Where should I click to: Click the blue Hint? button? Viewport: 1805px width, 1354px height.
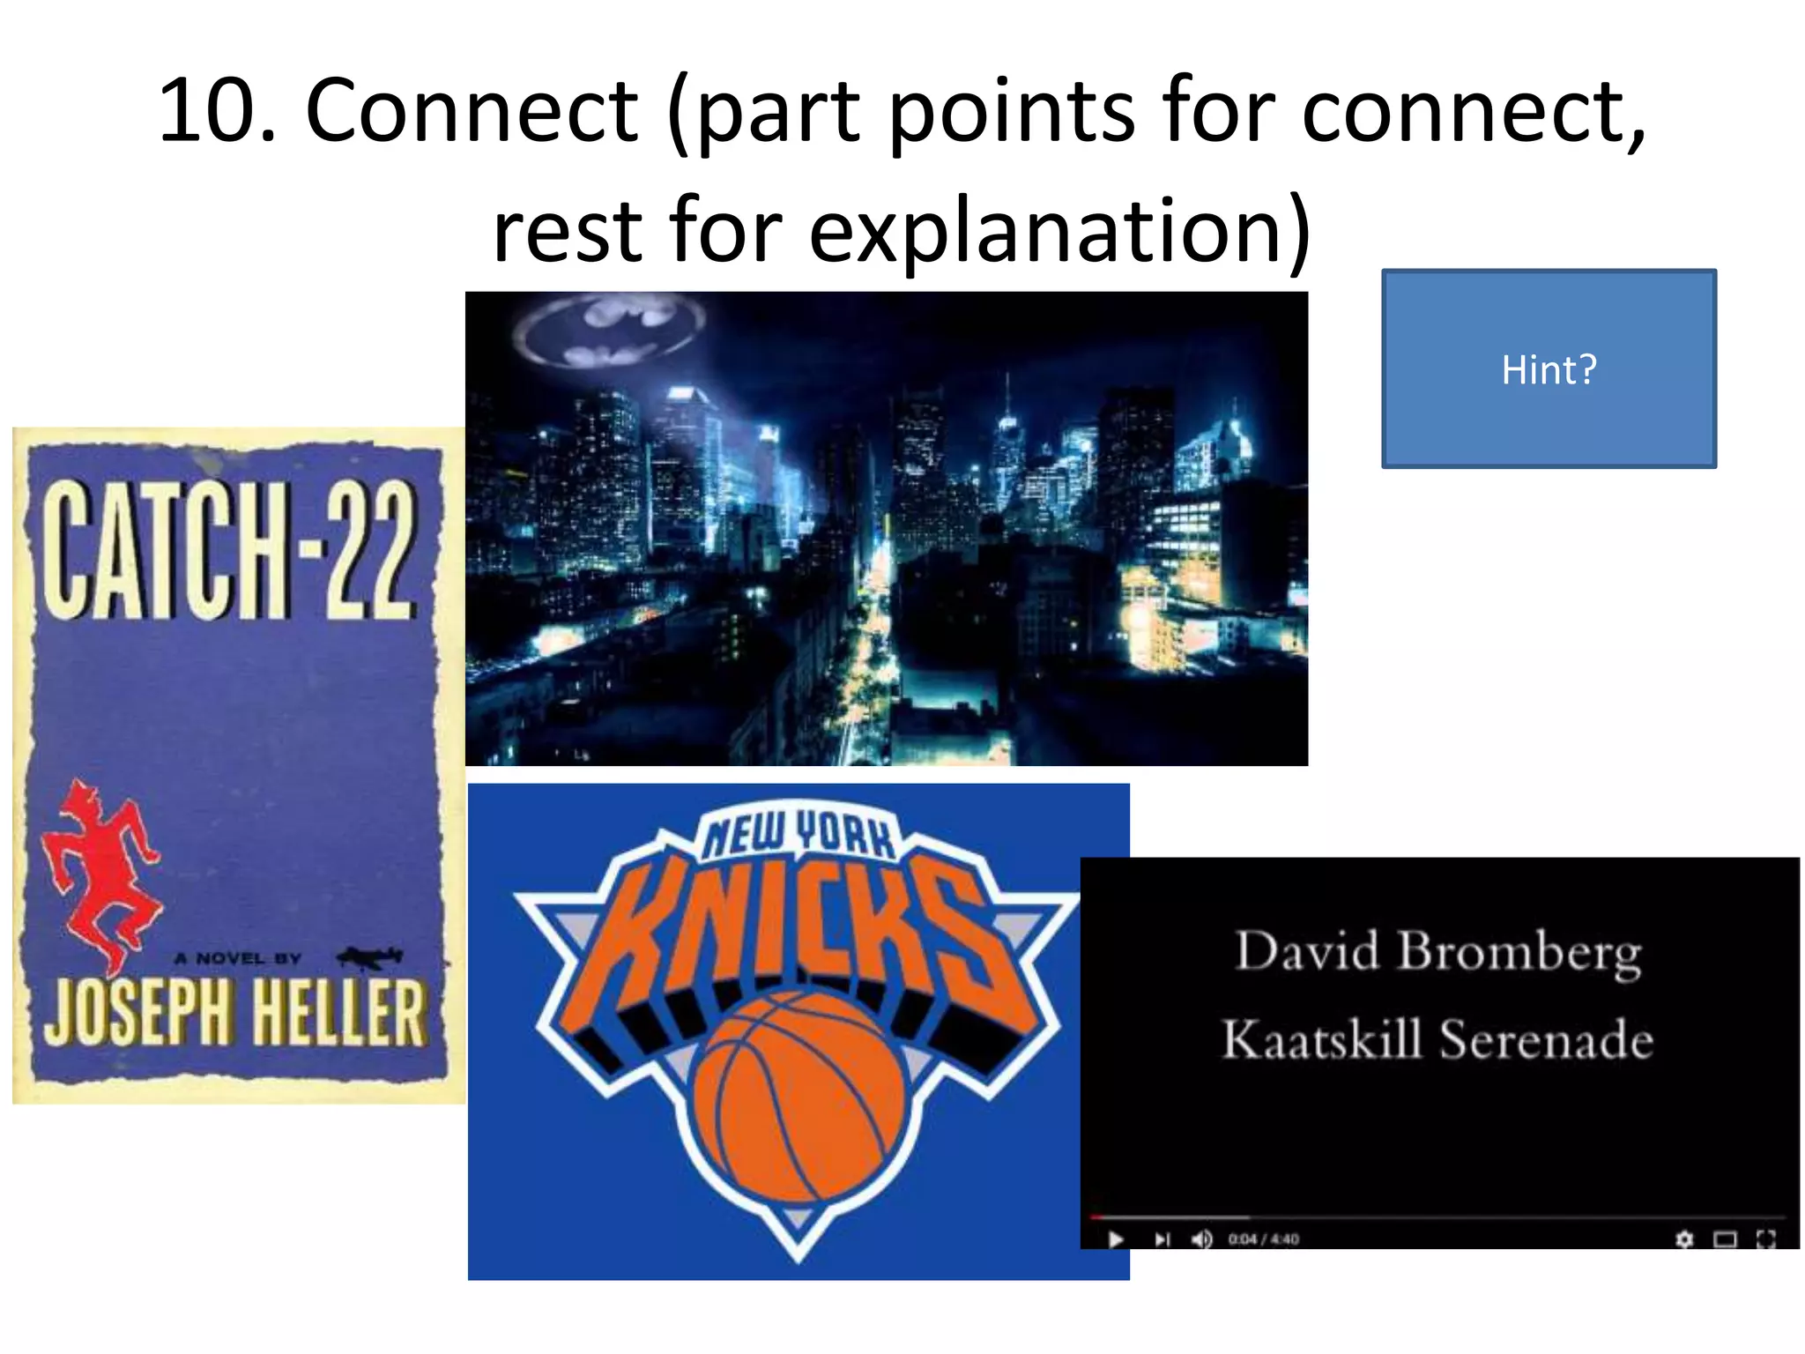click(1549, 368)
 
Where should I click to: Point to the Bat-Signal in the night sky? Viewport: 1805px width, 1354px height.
click(611, 330)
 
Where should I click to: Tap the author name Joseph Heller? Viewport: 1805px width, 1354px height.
click(235, 1012)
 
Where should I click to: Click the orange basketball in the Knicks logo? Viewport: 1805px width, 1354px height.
click(799, 1097)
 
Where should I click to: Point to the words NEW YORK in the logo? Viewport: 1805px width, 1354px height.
click(798, 834)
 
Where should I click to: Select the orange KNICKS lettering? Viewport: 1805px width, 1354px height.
click(798, 934)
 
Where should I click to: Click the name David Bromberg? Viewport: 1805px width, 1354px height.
click(1438, 952)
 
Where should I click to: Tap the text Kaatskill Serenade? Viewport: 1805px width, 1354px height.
click(1437, 1040)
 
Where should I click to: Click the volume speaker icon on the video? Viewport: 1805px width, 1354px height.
click(1201, 1239)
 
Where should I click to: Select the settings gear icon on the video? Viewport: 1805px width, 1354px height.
click(1684, 1239)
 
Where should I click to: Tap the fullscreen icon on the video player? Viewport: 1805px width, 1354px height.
click(1766, 1239)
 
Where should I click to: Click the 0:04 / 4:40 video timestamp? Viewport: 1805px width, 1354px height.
click(1264, 1239)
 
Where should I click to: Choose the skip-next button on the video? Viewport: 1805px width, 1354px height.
click(1162, 1239)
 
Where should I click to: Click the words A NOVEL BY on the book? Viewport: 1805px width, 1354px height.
click(238, 958)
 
